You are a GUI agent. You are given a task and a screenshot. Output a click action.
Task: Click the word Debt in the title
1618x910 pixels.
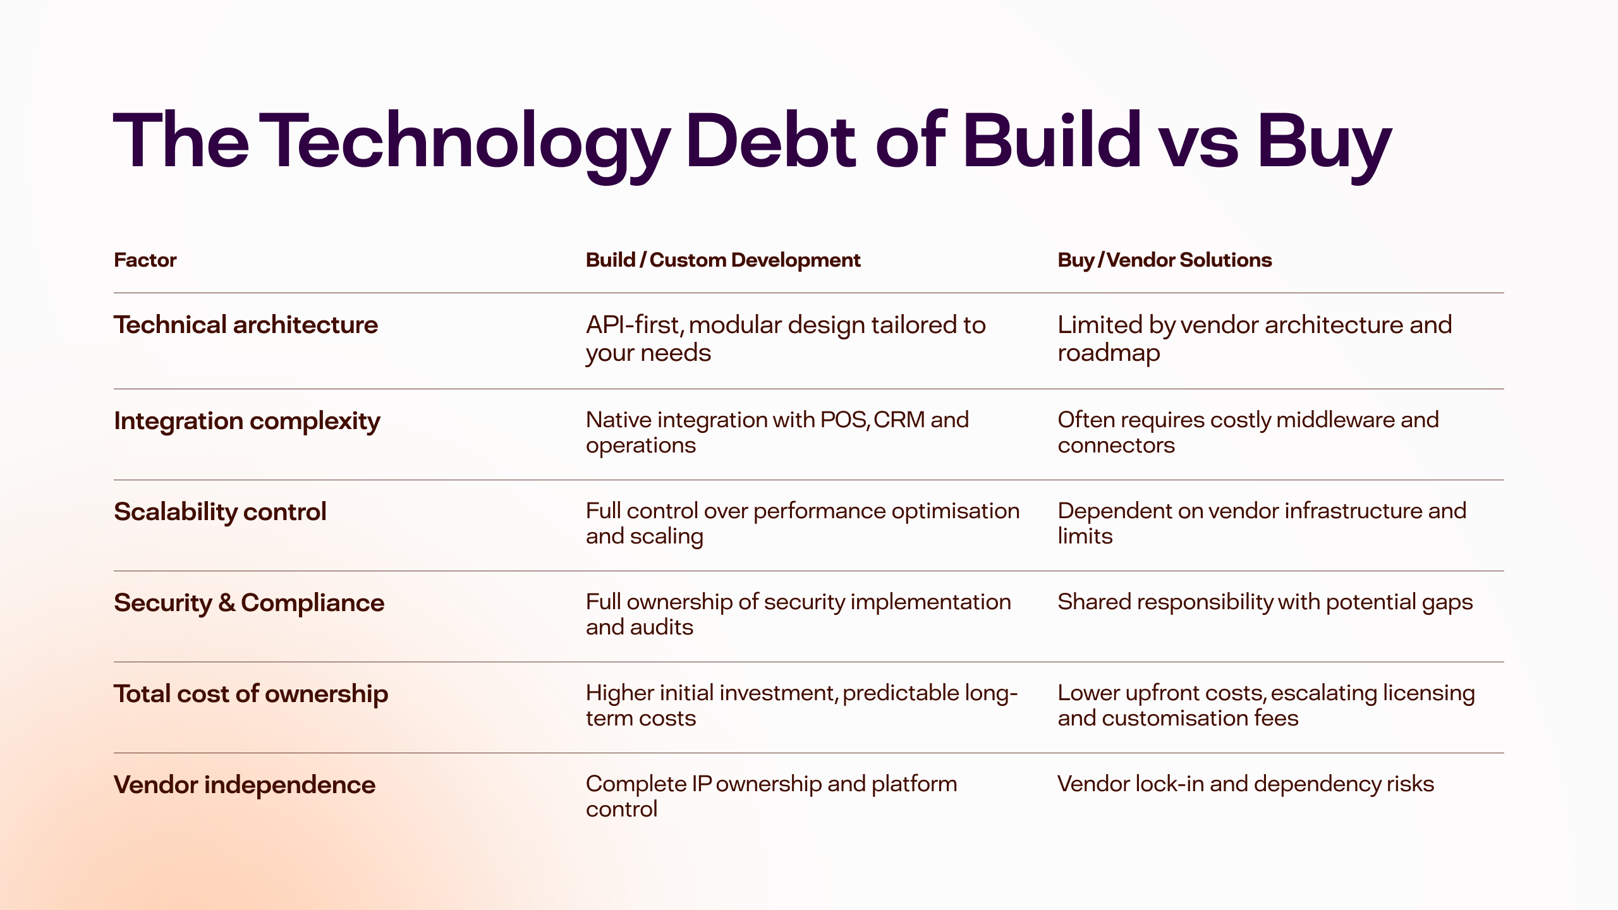tap(770, 140)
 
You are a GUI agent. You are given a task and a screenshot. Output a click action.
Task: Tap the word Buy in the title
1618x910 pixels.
tap(1324, 147)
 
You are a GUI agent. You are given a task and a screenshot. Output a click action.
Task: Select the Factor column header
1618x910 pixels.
tap(145, 260)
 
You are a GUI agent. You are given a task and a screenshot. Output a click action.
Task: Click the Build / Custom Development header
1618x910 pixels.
tap(723, 260)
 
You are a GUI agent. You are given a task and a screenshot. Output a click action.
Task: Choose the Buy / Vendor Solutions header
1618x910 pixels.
tap(1164, 260)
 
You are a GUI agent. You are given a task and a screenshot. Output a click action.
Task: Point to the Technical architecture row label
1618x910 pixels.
tap(246, 325)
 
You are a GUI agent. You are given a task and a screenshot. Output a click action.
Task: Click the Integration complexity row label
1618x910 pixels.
tap(247, 422)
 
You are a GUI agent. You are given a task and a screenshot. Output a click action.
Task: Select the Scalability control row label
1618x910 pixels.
tap(220, 512)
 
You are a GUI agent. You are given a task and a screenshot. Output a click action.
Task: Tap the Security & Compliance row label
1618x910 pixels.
tap(249, 603)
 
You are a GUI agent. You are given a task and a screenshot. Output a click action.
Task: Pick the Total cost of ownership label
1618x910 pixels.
tap(251, 694)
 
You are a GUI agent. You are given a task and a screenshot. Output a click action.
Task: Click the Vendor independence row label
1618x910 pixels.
tap(245, 785)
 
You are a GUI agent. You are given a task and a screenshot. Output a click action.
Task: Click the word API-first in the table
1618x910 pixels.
tap(635, 325)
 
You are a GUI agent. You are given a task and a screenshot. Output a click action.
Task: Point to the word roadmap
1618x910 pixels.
tap(1109, 353)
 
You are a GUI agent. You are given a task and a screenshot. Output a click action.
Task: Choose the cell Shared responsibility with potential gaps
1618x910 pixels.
tap(1265, 602)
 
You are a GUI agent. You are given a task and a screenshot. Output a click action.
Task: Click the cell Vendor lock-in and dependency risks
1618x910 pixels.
tap(1246, 784)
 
